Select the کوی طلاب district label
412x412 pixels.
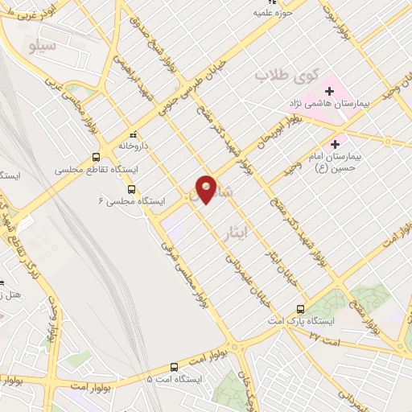287,75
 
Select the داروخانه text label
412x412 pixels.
134,146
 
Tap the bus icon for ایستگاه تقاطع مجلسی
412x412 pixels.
97,157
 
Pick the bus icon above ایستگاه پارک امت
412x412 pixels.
301,308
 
